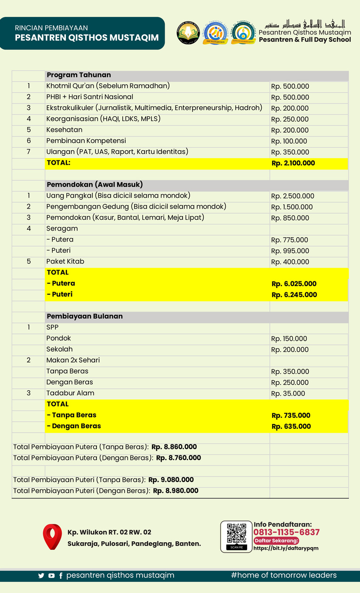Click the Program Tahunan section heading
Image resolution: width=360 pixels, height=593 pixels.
click(x=79, y=75)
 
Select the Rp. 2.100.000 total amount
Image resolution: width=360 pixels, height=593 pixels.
click(x=293, y=163)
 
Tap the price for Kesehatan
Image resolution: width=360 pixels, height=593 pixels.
click(x=290, y=130)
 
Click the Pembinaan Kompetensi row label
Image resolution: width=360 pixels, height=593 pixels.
click(x=86, y=141)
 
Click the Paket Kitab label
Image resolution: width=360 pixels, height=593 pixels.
click(x=65, y=261)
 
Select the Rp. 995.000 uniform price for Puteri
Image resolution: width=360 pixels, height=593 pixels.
click(x=290, y=251)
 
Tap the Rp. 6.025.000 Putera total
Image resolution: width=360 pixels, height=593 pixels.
click(x=294, y=284)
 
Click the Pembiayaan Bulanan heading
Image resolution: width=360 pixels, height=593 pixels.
click(x=84, y=316)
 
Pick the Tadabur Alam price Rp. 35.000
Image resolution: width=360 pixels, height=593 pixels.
click(x=288, y=393)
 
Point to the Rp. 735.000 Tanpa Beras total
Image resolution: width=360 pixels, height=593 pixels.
click(x=291, y=416)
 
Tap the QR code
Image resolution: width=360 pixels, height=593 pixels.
click(x=236, y=534)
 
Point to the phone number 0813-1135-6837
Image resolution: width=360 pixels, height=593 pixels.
click(x=286, y=532)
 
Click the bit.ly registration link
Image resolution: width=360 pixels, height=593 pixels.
click(x=286, y=548)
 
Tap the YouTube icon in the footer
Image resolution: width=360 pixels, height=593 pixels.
click(x=51, y=576)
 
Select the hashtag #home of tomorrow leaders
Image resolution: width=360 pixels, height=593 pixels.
click(x=284, y=575)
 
